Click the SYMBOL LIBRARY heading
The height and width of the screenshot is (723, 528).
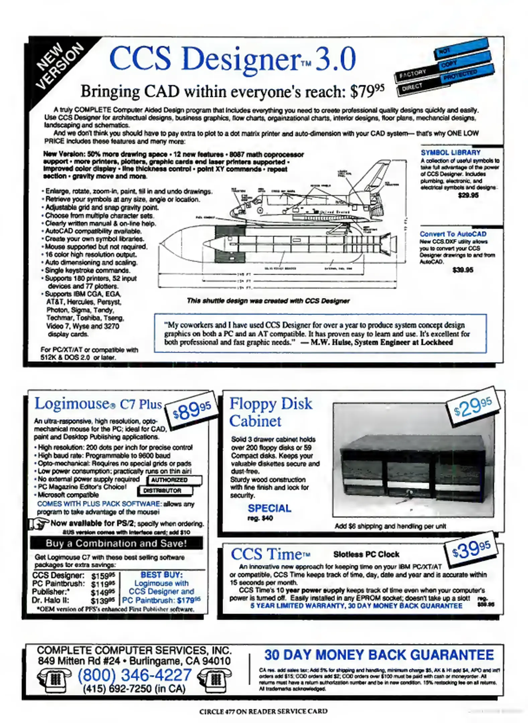450,153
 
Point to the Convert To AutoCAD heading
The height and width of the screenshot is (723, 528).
453,234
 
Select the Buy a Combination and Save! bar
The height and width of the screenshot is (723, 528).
116,543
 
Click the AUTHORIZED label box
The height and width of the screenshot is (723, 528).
174,480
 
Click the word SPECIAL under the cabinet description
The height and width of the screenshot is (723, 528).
269,508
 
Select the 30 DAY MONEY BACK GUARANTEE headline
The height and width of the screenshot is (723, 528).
379,655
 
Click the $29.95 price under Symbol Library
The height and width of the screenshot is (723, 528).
468,195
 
